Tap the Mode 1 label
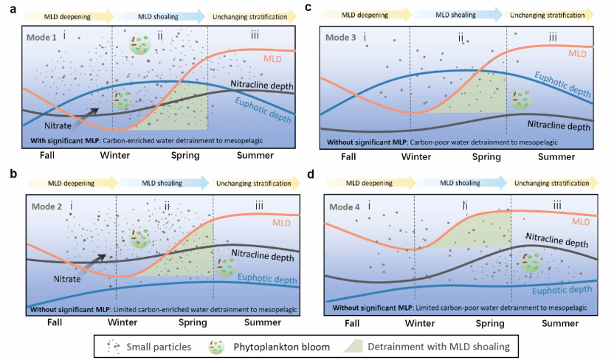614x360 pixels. [x=43, y=36]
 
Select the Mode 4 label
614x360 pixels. [x=344, y=207]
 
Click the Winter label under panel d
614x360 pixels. [x=418, y=322]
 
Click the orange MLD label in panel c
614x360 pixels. [x=579, y=53]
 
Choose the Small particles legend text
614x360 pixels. [x=158, y=345]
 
